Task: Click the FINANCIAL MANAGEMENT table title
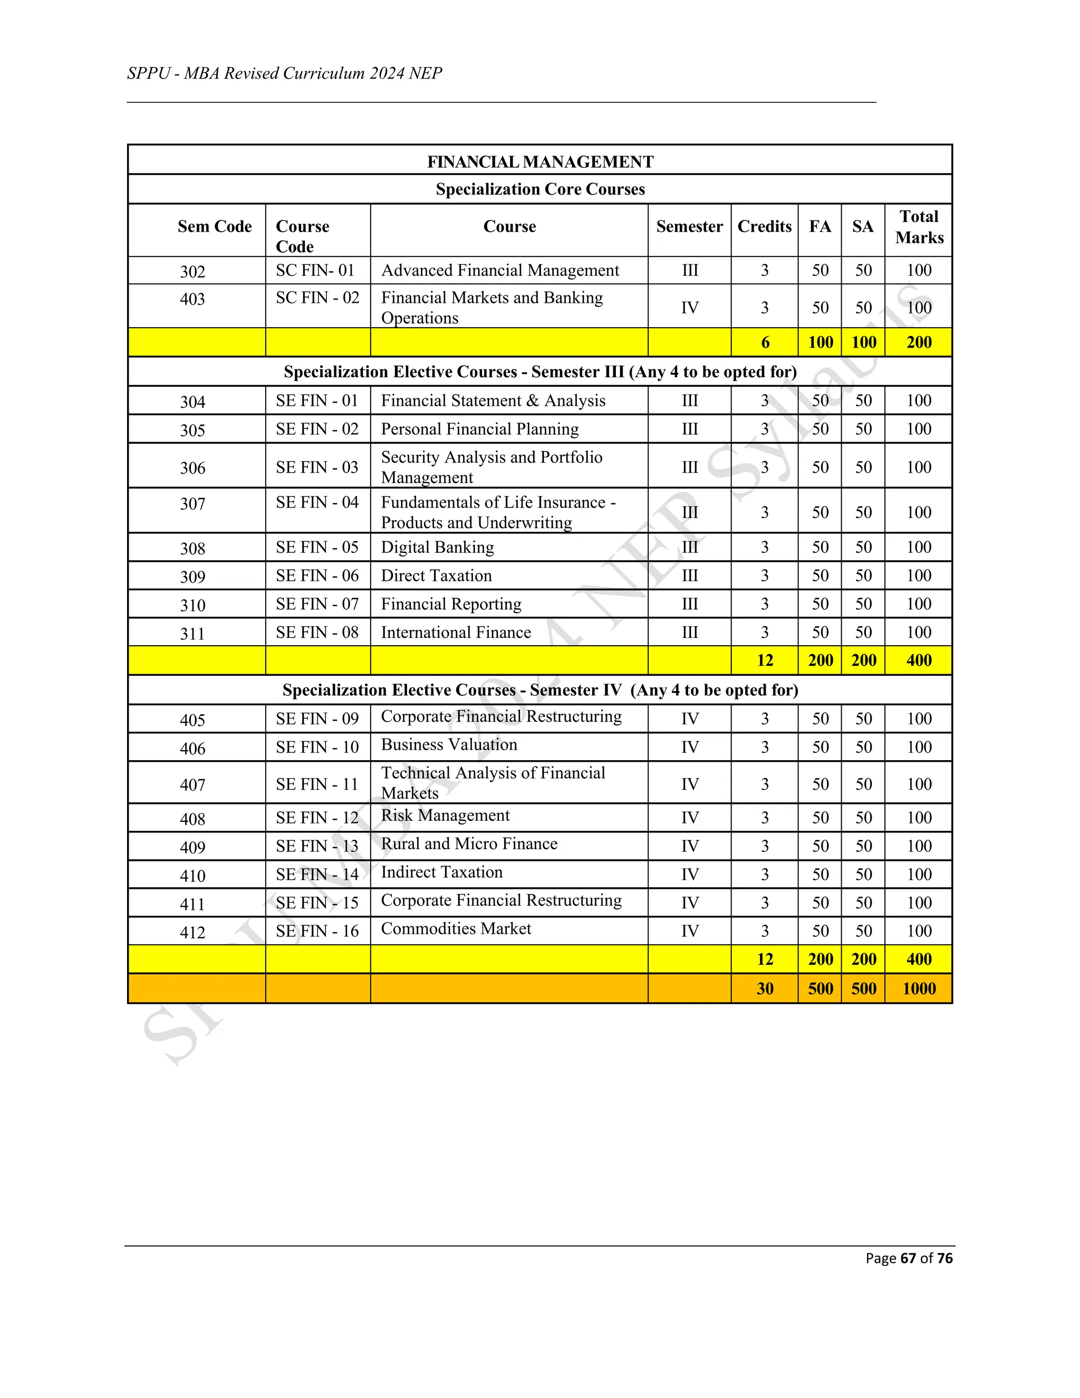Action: (x=540, y=161)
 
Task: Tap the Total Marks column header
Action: (x=919, y=227)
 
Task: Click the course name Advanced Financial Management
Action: (x=500, y=270)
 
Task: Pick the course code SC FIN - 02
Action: (x=317, y=298)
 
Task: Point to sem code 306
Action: (x=192, y=468)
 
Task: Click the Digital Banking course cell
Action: (x=438, y=547)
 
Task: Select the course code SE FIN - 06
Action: (x=317, y=576)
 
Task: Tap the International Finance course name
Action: (x=456, y=633)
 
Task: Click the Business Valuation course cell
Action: (x=449, y=744)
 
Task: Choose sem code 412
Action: (x=192, y=932)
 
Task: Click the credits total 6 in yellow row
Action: (x=765, y=342)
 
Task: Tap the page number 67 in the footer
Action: (x=908, y=1258)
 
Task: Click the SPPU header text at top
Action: (x=285, y=74)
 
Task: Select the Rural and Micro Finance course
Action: (x=469, y=844)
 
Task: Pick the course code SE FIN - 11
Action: (x=317, y=784)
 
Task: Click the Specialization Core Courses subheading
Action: (x=540, y=189)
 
